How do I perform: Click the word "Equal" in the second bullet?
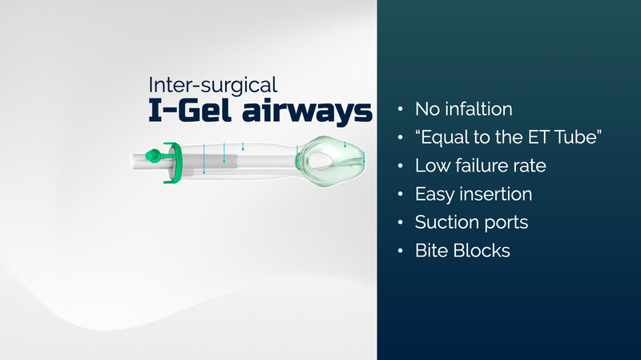pyautogui.click(x=445, y=138)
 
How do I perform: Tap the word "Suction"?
pyautogui.click(x=444, y=222)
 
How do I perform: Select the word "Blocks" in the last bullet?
pyautogui.click(x=484, y=250)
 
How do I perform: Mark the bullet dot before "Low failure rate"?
pyautogui.click(x=400, y=166)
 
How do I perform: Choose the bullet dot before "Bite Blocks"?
pyautogui.click(x=400, y=251)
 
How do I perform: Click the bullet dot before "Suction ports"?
pyautogui.click(x=400, y=223)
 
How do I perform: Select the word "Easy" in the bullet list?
pyautogui.click(x=433, y=194)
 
